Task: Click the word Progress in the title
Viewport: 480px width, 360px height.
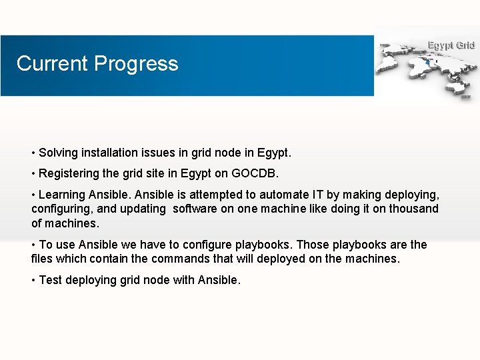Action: click(136, 63)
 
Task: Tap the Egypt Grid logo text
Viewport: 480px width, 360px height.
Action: click(451, 45)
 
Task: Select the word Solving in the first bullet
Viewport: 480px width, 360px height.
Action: click(58, 153)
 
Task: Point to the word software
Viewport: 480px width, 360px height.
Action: click(195, 209)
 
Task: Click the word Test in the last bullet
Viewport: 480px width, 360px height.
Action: click(50, 280)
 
